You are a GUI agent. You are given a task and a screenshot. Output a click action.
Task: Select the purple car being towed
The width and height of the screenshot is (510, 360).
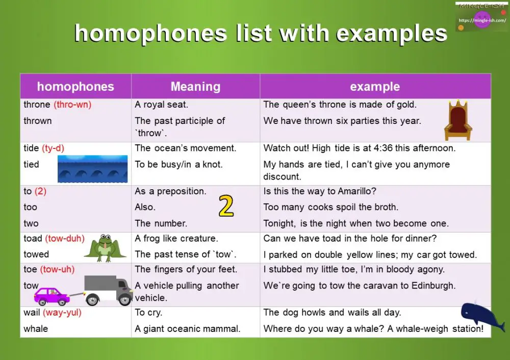pyautogui.click(x=52, y=296)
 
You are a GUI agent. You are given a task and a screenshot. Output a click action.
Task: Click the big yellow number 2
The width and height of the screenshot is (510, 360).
pyautogui.click(x=226, y=206)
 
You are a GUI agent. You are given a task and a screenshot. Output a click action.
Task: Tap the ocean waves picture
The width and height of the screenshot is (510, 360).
pyautogui.click(x=92, y=169)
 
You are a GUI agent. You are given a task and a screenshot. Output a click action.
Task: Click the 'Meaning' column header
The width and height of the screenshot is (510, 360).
pyautogui.click(x=195, y=87)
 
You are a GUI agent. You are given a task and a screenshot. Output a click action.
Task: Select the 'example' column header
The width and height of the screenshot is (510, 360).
pyautogui.click(x=375, y=87)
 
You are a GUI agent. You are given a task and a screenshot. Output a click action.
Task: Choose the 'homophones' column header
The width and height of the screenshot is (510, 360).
pyautogui.click(x=75, y=87)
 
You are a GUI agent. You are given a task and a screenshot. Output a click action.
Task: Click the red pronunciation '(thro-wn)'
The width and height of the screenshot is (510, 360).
pyautogui.click(x=72, y=105)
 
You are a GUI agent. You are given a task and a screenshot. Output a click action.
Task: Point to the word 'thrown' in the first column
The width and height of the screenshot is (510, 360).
pyautogui.click(x=38, y=121)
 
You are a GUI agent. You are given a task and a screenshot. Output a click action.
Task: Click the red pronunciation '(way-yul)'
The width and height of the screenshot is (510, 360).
pyautogui.click(x=62, y=313)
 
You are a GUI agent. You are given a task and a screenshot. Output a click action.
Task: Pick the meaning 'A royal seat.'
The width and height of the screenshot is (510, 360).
pyautogui.click(x=161, y=105)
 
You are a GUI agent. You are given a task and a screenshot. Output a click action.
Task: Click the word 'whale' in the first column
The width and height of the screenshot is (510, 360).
pyautogui.click(x=36, y=329)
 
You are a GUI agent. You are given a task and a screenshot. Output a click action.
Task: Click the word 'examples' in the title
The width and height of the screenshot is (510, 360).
pyautogui.click(x=392, y=34)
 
